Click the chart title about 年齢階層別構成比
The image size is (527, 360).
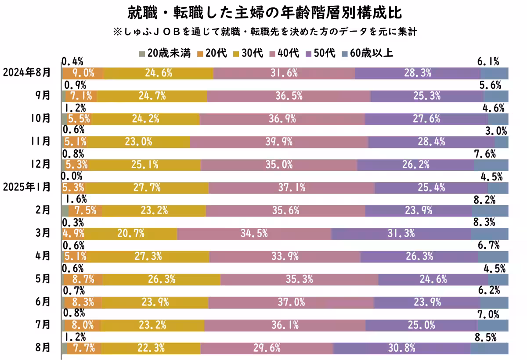tap(264, 12)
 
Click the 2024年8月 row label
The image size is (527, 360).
tap(26, 73)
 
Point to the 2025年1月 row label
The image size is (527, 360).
tap(26, 187)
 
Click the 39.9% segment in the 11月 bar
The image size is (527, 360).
tap(279, 142)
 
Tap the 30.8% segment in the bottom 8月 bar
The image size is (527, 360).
tap(401, 348)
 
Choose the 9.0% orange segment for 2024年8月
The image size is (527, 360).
tap(83, 73)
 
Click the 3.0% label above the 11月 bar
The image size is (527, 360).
tap(496, 130)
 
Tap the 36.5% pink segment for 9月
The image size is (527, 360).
tap(289, 96)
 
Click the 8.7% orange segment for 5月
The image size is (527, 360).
tap(83, 279)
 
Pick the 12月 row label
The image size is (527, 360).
tap(43, 165)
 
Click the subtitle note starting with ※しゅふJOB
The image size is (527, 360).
tap(264, 32)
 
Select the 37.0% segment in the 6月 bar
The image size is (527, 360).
tap(291, 302)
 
